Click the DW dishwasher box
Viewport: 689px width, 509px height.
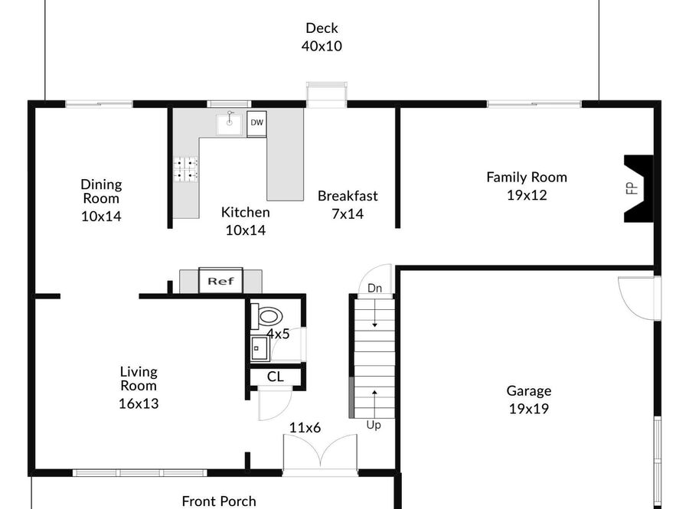[256, 124]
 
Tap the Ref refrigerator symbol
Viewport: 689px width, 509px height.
[220, 281]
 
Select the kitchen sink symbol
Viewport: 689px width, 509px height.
[228, 124]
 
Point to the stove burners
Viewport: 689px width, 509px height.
[185, 169]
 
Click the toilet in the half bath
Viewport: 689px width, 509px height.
[266, 316]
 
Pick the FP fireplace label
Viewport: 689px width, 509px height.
[632, 188]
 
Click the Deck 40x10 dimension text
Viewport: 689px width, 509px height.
[322, 46]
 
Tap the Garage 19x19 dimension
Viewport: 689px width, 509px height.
[528, 409]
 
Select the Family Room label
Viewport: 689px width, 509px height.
[527, 177]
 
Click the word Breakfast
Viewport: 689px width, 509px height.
[348, 196]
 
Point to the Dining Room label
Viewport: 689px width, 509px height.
[101, 191]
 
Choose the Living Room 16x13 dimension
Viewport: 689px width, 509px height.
[139, 403]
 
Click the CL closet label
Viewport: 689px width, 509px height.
[276, 377]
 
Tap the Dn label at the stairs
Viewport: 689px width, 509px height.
[374, 288]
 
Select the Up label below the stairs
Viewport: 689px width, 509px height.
[374, 425]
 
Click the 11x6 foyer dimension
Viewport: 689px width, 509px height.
[305, 427]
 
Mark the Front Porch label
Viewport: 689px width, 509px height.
[219, 501]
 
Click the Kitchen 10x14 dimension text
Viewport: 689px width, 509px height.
[246, 230]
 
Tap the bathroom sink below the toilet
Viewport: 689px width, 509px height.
[260, 348]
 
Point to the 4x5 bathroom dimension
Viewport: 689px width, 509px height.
[278, 334]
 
